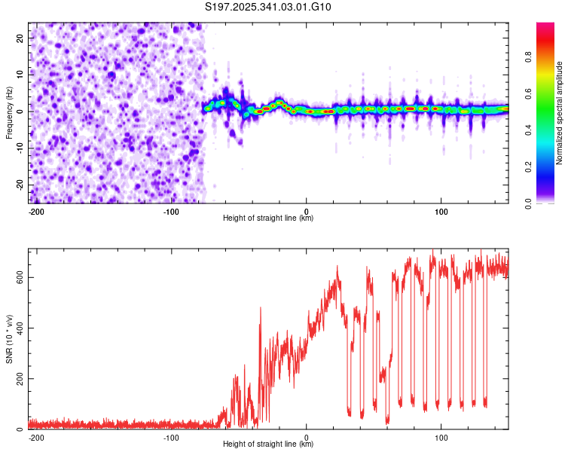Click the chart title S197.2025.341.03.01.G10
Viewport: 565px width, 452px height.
tap(268, 8)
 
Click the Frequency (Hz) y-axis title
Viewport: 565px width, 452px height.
tap(9, 113)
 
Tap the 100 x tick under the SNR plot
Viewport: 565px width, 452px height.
tap(441, 437)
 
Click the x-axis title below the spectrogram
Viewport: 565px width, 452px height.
tap(268, 218)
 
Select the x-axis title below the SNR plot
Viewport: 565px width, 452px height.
tap(268, 444)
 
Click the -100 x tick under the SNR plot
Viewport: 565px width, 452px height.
tap(171, 437)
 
